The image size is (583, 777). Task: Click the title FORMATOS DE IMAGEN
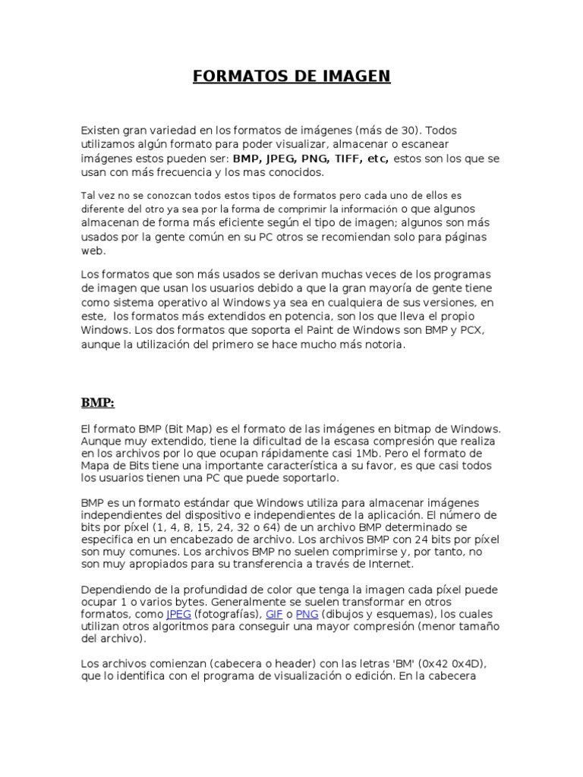click(291, 77)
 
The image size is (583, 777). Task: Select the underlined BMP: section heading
click(97, 402)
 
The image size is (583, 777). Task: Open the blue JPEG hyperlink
click(178, 614)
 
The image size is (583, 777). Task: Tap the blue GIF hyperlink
click(273, 614)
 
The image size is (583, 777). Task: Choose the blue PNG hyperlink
click(307, 614)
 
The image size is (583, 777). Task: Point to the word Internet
click(390, 564)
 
